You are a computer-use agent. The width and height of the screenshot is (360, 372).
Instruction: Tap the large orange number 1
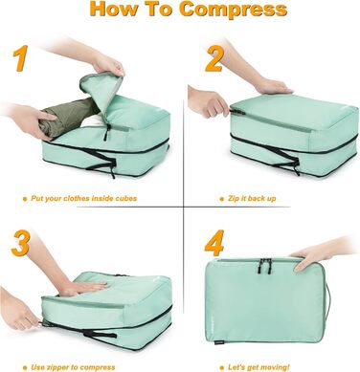tap(18, 58)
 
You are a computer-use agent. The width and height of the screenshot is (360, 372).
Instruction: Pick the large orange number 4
tap(214, 243)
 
